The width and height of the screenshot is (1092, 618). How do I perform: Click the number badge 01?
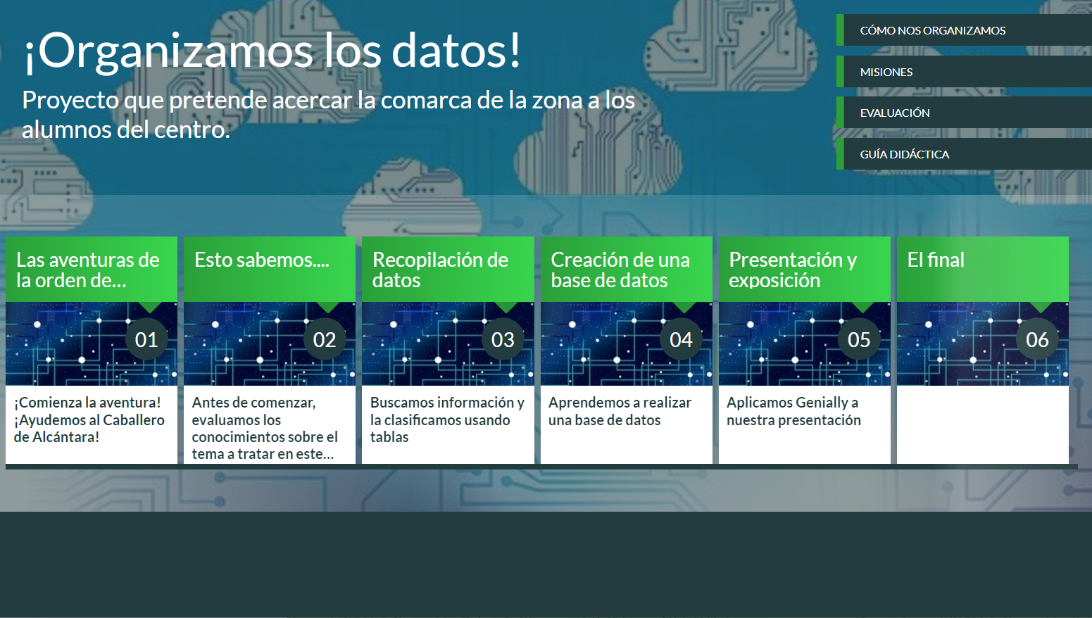[x=146, y=339]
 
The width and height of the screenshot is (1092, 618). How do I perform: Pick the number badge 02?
[x=325, y=339]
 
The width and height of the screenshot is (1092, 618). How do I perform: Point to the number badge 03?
[x=503, y=339]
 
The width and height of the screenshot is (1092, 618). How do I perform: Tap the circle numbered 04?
[x=681, y=339]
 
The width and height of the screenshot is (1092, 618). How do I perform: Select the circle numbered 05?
[x=859, y=339]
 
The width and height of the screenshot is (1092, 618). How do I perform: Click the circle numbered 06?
[x=1037, y=339]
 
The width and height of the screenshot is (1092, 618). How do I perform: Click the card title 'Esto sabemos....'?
[x=262, y=260]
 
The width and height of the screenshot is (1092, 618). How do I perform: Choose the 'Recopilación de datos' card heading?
[x=440, y=270]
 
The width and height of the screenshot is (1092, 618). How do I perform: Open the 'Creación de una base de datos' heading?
[x=620, y=270]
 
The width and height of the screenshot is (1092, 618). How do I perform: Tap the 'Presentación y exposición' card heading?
[x=793, y=270]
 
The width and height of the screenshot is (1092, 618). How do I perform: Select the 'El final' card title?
[x=936, y=260]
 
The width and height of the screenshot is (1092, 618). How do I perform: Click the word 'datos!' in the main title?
[x=456, y=51]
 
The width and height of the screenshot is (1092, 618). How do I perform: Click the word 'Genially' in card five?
[x=820, y=403]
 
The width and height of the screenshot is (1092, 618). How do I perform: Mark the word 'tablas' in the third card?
[x=389, y=436]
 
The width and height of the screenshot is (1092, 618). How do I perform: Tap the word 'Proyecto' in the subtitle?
[x=70, y=101]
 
